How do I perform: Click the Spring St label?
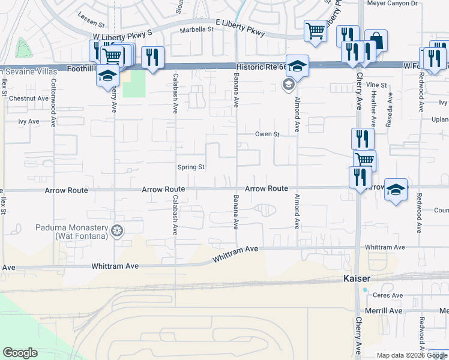click(x=191, y=167)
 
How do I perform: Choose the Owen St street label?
click(x=268, y=134)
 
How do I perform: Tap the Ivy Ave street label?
click(x=28, y=121)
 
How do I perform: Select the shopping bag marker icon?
click(x=376, y=40)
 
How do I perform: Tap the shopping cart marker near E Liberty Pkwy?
click(x=315, y=31)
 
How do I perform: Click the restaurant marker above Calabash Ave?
click(x=152, y=57)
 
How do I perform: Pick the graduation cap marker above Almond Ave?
click(x=297, y=65)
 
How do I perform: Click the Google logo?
click(x=20, y=353)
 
